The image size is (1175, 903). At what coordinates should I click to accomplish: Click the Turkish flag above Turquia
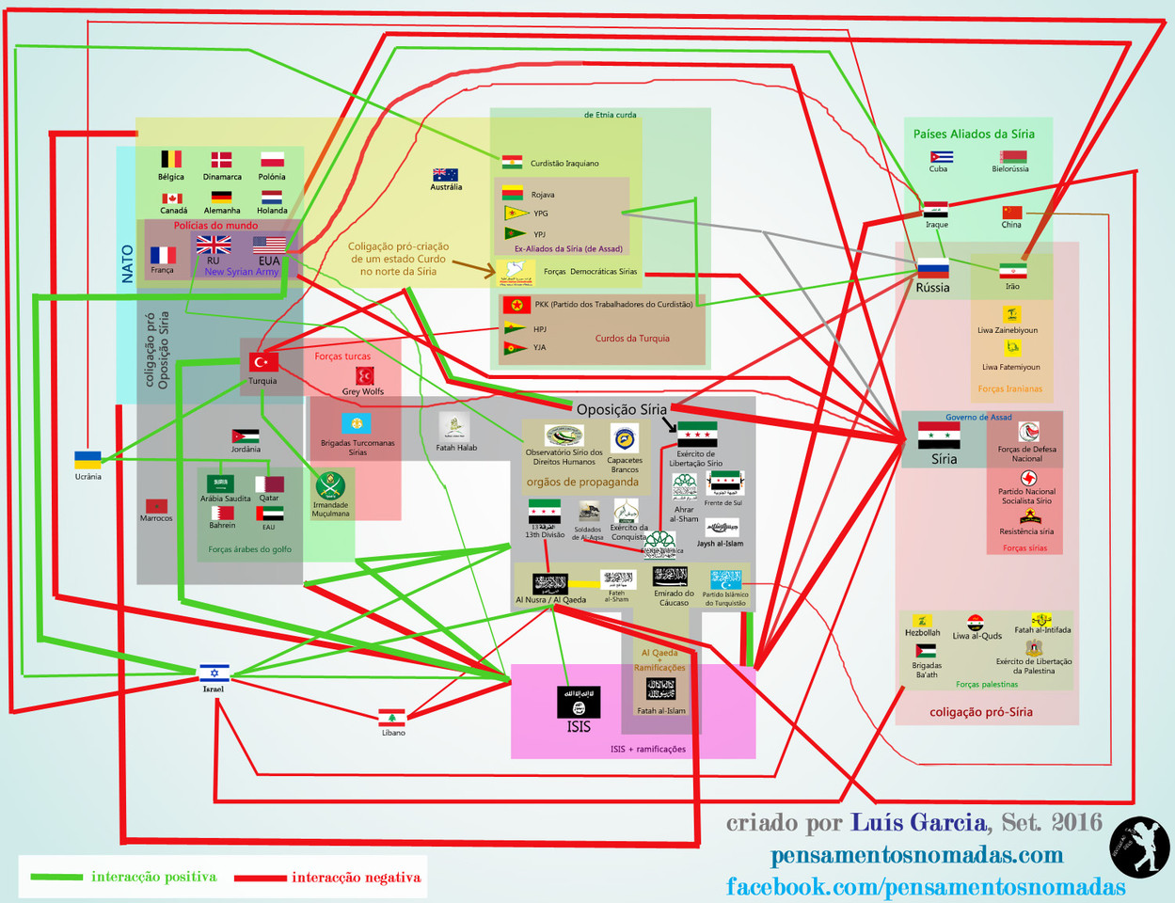[263, 362]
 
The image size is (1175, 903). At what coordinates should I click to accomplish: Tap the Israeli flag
[214, 673]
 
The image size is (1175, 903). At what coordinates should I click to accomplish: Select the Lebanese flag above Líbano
[391, 719]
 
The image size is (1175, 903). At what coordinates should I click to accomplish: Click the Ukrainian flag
[87, 460]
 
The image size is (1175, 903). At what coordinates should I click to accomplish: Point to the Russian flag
[932, 268]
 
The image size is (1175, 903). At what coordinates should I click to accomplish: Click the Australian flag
[445, 175]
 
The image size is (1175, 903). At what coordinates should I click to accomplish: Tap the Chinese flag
[1011, 213]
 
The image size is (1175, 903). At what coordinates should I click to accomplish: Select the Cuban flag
[941, 157]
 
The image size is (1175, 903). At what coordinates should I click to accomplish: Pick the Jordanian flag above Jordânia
[246, 436]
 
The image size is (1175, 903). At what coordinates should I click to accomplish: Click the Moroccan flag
[156, 506]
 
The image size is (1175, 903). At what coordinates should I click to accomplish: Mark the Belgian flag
[171, 159]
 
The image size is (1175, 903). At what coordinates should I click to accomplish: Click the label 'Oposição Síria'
[621, 409]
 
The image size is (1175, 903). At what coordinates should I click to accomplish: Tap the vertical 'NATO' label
[128, 264]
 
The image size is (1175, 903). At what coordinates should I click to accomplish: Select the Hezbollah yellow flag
[924, 622]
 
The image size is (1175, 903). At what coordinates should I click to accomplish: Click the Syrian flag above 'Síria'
[939, 436]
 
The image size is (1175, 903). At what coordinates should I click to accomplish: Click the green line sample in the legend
[56, 878]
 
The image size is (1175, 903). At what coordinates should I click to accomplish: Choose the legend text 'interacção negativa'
[356, 878]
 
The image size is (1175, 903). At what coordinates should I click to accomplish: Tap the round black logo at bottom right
[1139, 847]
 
